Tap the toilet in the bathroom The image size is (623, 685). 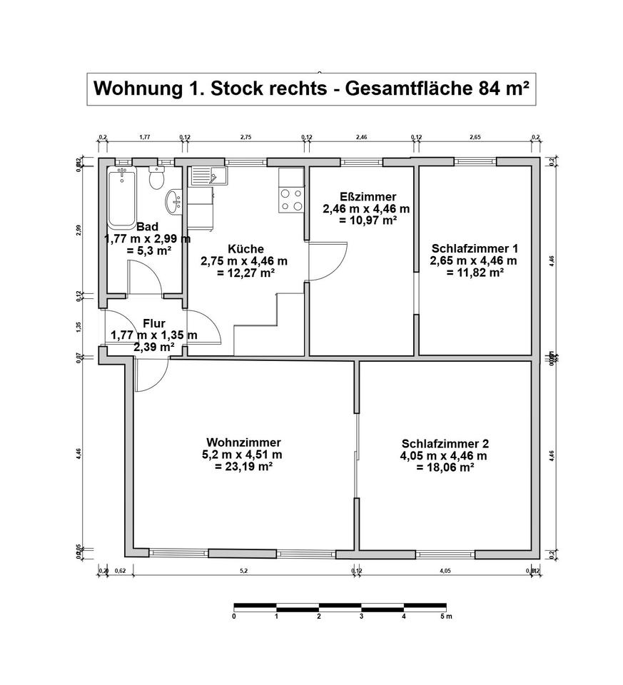157,178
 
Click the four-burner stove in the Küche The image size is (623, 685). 291,199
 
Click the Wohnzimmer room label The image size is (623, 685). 243,441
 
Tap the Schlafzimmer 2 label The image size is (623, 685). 445,442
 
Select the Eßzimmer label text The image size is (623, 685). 366,196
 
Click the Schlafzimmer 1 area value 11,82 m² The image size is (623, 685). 474,273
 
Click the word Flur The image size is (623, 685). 153,323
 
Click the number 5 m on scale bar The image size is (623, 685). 445,616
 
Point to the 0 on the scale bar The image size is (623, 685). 234,616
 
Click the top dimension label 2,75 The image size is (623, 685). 245,136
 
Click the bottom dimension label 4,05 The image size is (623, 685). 445,570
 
